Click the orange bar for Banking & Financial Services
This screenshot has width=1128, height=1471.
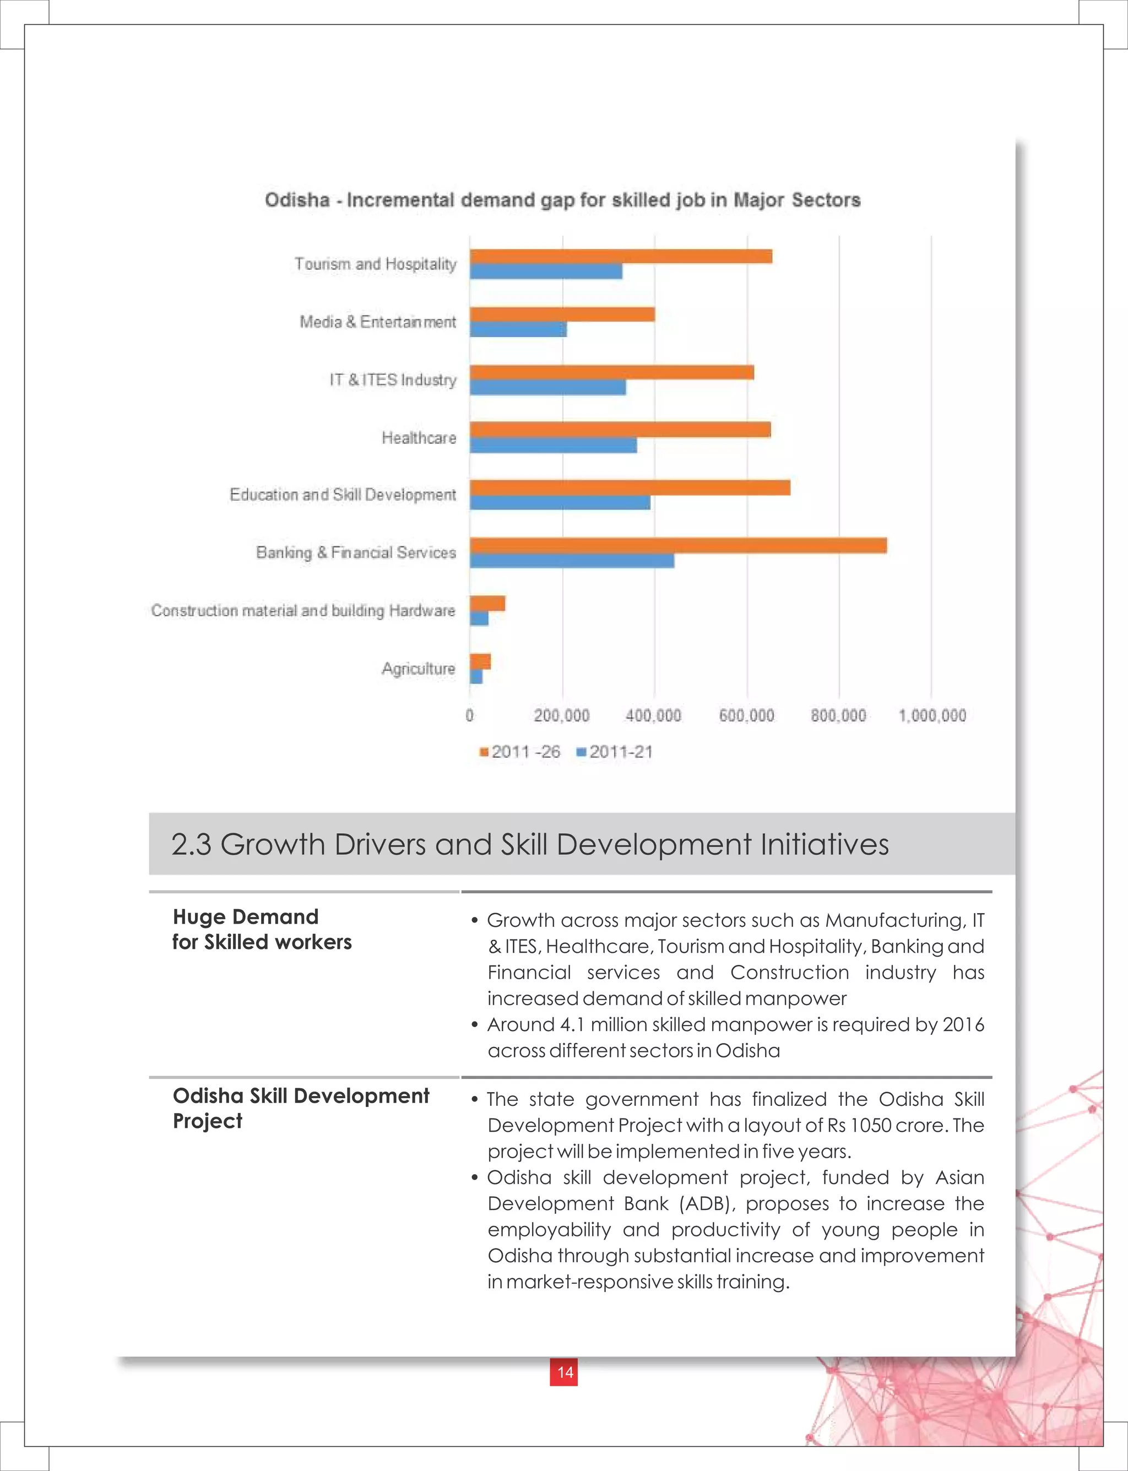point(678,545)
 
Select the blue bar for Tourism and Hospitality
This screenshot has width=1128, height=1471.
point(546,272)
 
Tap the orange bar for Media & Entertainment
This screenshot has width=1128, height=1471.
point(562,314)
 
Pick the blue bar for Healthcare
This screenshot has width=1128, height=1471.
point(553,445)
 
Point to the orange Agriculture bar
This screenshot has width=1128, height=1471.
point(480,661)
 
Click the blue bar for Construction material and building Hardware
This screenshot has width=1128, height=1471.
point(479,618)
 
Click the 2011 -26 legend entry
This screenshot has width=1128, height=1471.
point(520,752)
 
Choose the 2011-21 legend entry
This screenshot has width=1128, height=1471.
point(615,752)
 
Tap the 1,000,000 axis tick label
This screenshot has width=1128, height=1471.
point(932,716)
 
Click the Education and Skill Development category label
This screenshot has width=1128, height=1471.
point(343,495)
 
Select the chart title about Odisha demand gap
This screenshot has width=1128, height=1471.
point(562,200)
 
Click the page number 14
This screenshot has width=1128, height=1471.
point(564,1372)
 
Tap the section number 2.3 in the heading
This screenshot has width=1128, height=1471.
point(191,845)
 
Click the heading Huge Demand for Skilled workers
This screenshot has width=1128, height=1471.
point(262,929)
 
